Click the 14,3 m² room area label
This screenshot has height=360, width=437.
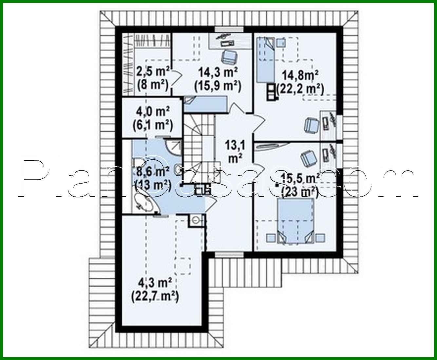(218, 71)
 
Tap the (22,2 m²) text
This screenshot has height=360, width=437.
(300, 89)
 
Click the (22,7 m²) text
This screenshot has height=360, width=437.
(155, 297)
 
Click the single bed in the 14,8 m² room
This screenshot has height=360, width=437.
(265, 60)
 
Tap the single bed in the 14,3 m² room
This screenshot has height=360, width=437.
(205, 104)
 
